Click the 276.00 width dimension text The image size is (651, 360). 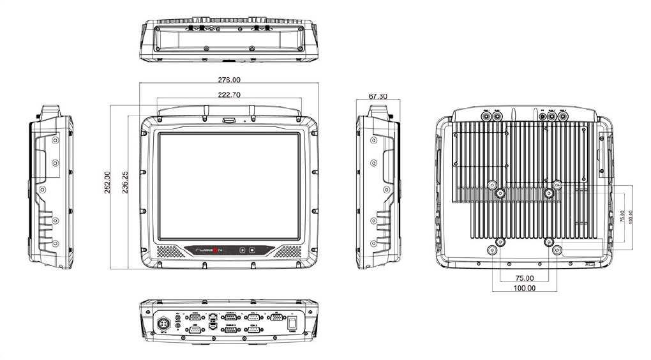pyautogui.click(x=229, y=80)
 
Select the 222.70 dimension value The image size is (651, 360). pyautogui.click(x=229, y=94)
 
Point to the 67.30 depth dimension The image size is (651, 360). pyautogui.click(x=378, y=96)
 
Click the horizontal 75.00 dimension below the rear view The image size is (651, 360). pyautogui.click(x=524, y=278)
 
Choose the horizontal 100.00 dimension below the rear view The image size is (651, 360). pyautogui.click(x=524, y=288)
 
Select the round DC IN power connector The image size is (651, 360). pyautogui.click(x=163, y=323)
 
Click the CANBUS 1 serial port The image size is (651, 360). pyautogui.click(x=231, y=317)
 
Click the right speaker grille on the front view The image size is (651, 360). pyautogui.click(x=288, y=251)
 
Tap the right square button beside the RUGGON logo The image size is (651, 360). pyautogui.click(x=252, y=250)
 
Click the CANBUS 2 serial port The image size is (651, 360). pyautogui.click(x=231, y=329)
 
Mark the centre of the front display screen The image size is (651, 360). pyautogui.click(x=228, y=186)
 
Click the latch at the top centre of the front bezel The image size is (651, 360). pyautogui.click(x=228, y=119)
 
